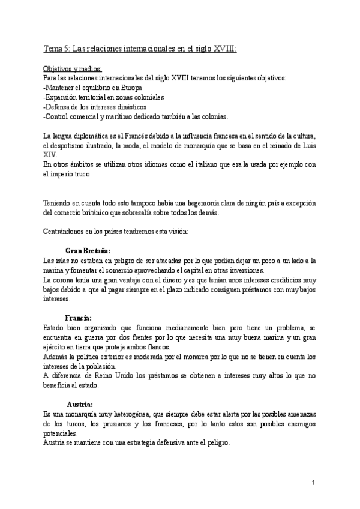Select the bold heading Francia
tap(79, 318)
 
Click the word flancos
tap(154, 348)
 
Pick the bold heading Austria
tap(80, 405)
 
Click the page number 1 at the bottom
tap(314, 482)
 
